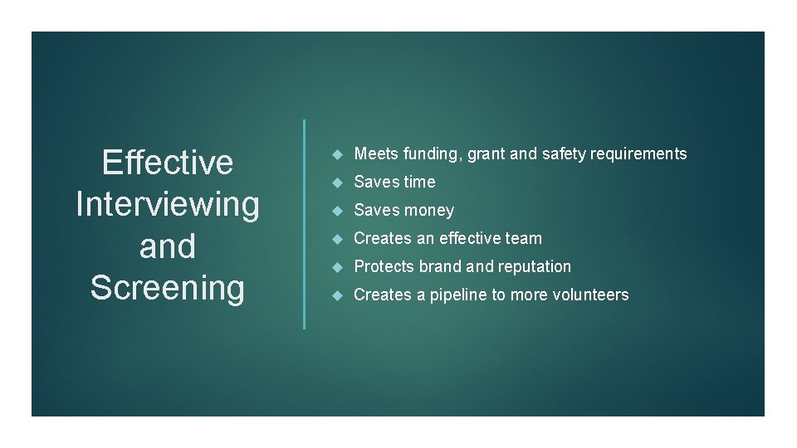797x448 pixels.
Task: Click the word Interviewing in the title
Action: (167, 204)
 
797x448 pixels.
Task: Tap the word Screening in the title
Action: (167, 288)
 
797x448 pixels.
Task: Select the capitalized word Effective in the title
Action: (167, 163)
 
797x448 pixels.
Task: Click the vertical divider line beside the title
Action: (304, 224)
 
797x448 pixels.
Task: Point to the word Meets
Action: (376, 153)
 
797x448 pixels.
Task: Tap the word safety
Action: (561, 153)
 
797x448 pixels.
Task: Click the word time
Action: (418, 182)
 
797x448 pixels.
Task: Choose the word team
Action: (523, 238)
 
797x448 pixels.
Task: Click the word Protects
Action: (384, 266)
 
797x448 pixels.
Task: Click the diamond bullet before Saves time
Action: (336, 182)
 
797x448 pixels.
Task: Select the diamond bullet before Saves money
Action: (336, 211)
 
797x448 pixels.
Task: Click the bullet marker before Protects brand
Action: (336, 266)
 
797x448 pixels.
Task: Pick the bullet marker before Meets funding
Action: (336, 153)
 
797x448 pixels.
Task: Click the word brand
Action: (440, 266)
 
